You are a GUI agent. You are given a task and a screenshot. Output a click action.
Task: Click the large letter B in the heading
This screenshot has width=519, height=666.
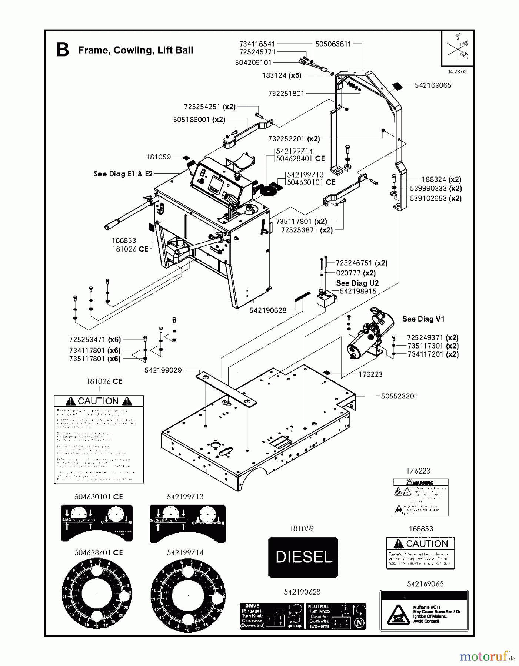pos(62,50)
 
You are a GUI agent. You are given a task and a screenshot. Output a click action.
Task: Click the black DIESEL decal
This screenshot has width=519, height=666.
pos(303,557)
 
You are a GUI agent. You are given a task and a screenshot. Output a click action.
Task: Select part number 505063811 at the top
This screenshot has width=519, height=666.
pos(333,44)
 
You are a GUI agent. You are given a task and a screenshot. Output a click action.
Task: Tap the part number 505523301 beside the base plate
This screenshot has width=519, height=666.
pos(399,396)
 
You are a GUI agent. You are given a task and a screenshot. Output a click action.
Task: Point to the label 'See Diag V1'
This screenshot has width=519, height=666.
pos(423,319)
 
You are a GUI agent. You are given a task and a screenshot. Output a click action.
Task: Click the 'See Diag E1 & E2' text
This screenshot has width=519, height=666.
pos(123,174)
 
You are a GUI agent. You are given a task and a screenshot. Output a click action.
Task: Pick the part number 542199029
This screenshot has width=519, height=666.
pos(163,370)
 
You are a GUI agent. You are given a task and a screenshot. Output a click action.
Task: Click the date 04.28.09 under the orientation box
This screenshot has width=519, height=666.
pos(457,72)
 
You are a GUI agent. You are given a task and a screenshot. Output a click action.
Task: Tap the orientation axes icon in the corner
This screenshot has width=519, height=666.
pos(458,48)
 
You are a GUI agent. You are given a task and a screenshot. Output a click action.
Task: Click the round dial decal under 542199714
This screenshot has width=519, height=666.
pos(188,595)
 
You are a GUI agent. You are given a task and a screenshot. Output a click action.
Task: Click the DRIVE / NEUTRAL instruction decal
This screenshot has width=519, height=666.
pos(303,616)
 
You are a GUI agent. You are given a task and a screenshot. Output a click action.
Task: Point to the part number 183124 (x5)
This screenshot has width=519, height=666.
pos(282,75)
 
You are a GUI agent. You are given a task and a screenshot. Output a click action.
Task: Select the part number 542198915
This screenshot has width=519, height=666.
pos(358,291)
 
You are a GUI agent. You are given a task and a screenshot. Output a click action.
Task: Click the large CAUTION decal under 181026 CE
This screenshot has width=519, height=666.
pos(99,439)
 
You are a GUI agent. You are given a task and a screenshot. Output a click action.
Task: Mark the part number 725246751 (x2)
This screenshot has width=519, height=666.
pos(362,263)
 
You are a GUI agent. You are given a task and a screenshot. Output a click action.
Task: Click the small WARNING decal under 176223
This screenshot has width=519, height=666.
pos(420,497)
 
